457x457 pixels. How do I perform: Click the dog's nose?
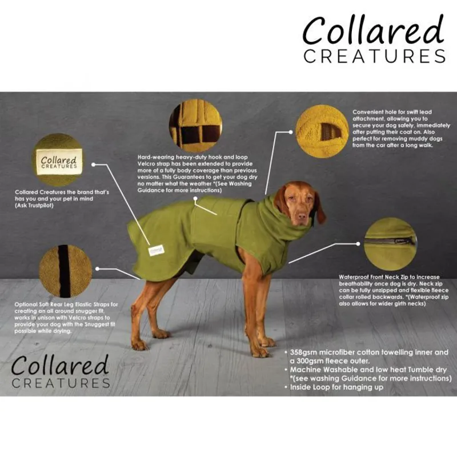click(x=302, y=217)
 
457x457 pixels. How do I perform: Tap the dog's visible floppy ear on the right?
click(x=319, y=209)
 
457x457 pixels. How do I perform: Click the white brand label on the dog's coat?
click(x=156, y=250)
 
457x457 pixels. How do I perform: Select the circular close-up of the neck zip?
click(x=390, y=243)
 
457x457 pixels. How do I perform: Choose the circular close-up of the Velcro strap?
click(x=195, y=126)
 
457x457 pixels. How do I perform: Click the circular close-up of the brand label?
click(x=58, y=160)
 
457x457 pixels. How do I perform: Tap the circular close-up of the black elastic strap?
click(x=65, y=271)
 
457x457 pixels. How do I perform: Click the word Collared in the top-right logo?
click(x=374, y=30)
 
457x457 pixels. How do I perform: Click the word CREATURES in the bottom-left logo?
click(x=61, y=383)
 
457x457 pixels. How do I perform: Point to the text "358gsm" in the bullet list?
click(x=303, y=352)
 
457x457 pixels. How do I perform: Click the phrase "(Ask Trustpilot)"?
click(x=34, y=206)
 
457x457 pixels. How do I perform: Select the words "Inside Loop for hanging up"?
click(x=336, y=387)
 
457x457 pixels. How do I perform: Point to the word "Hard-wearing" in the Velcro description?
click(x=155, y=157)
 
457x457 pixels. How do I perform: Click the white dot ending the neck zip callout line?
click(x=358, y=244)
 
